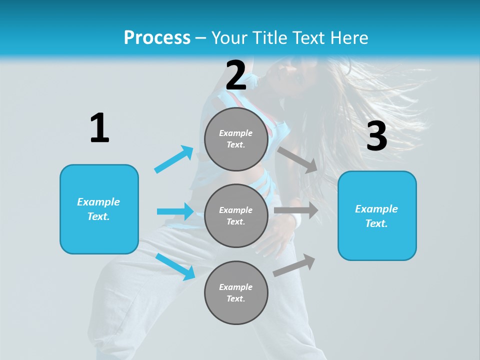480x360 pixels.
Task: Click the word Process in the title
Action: [157, 38]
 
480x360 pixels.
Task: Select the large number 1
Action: [99, 128]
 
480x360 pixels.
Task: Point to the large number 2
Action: [236, 75]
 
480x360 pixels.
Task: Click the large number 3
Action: [376, 137]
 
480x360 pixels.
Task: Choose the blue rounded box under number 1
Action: [99, 209]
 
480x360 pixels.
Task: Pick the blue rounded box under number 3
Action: [377, 216]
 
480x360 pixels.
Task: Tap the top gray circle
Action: [236, 139]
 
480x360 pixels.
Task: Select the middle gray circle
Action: [236, 215]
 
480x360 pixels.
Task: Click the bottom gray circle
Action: [236, 292]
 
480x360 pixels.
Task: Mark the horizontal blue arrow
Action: [175, 211]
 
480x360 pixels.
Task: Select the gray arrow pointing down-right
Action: [298, 159]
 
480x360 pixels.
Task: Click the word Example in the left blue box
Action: [98, 202]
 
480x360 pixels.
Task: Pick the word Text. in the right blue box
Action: [376, 223]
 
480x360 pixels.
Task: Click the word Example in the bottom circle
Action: [236, 287]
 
